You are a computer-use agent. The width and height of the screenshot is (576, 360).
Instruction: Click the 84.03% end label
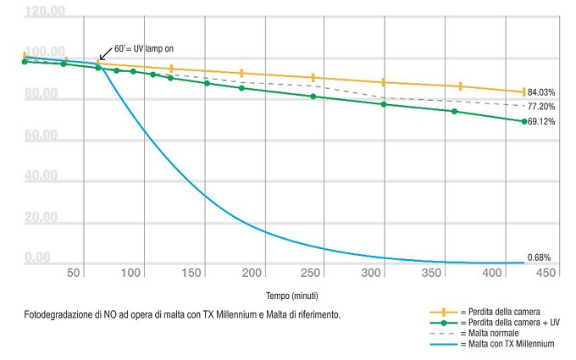click(540, 91)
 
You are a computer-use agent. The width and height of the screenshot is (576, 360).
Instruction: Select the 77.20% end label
click(540, 107)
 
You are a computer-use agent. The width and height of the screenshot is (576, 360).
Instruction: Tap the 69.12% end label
click(540, 122)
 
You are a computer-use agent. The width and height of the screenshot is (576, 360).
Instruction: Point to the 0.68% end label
click(540, 257)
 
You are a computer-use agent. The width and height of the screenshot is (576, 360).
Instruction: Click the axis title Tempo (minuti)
click(291, 296)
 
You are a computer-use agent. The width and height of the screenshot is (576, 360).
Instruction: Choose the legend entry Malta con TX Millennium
click(506, 344)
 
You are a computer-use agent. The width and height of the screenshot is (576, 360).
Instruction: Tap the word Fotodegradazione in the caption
click(59, 314)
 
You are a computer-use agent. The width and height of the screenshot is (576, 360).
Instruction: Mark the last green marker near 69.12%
click(523, 121)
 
